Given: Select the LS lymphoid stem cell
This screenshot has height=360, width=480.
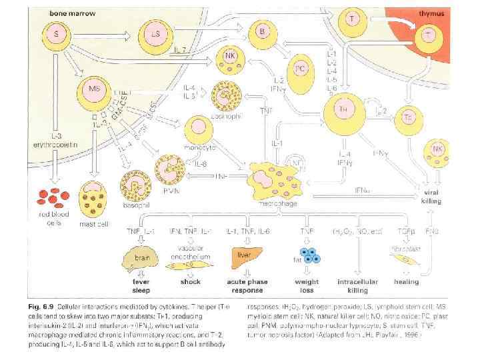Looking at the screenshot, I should (x=155, y=33).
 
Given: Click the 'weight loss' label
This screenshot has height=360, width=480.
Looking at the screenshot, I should (x=307, y=285).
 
